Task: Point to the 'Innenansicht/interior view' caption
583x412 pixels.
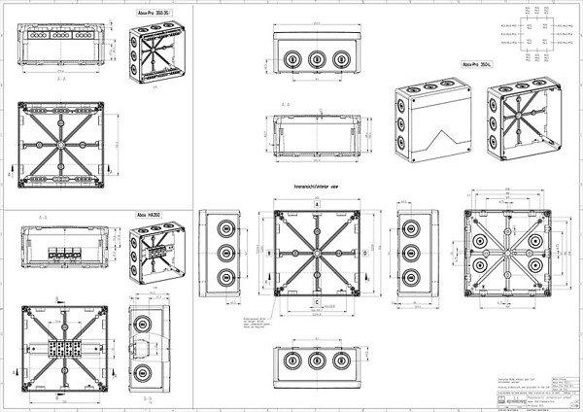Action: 316,185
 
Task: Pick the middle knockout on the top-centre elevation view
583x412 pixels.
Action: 316,59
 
